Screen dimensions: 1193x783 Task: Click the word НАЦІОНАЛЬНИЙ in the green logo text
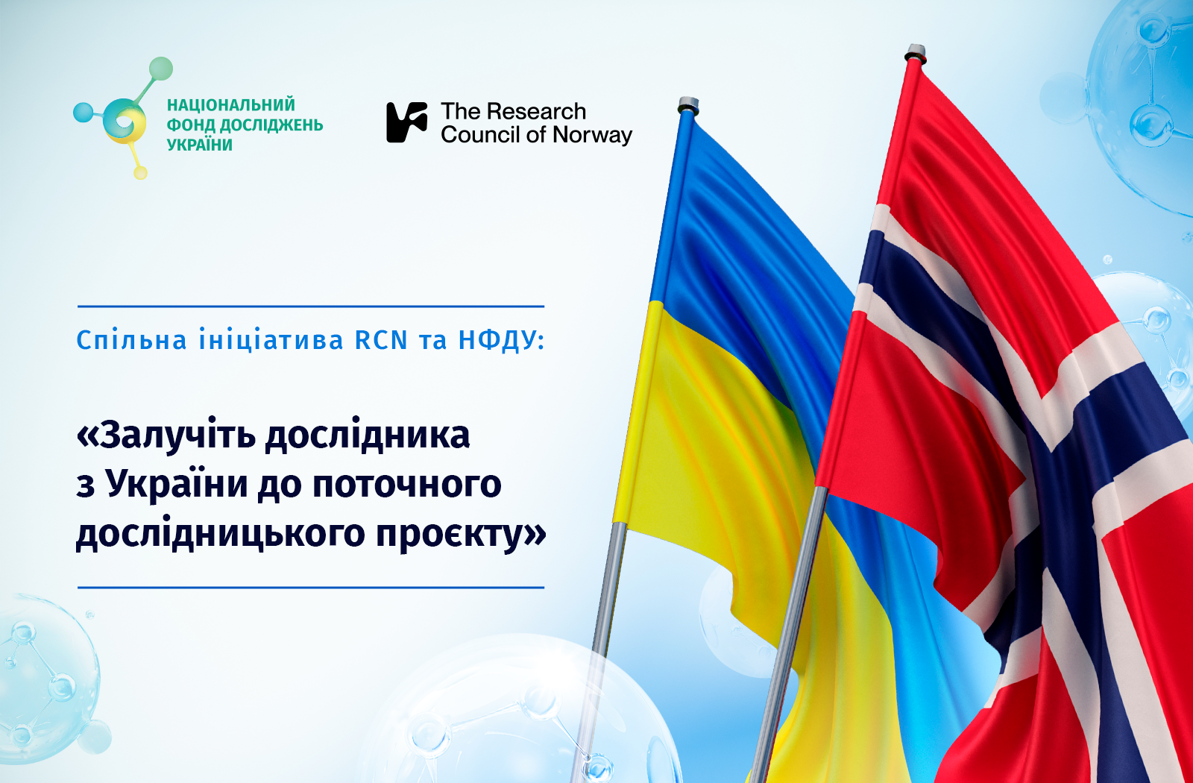[x=231, y=104]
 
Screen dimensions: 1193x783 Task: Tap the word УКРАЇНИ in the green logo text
[x=200, y=145]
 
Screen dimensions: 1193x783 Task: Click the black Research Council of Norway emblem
[x=407, y=122]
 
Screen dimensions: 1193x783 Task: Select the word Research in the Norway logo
[x=536, y=111]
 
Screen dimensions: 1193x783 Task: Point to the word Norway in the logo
[x=592, y=135]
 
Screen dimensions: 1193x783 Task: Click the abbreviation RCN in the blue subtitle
[x=381, y=340]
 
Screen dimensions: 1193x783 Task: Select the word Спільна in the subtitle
[x=131, y=340]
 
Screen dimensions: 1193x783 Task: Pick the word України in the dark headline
[x=177, y=484]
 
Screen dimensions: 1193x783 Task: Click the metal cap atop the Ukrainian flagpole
[x=688, y=105]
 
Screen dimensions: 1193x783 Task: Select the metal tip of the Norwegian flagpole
[x=914, y=54]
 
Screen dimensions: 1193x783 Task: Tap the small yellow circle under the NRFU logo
[x=140, y=172]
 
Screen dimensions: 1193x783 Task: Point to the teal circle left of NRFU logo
[x=83, y=113]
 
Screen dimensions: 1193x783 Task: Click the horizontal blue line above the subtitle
[x=311, y=306]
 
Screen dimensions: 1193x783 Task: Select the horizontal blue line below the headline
[x=311, y=588]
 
